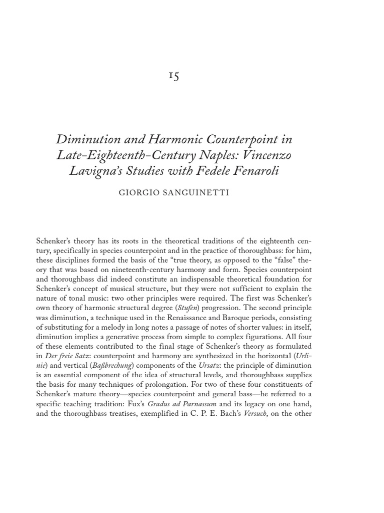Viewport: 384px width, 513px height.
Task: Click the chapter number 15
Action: [x=173, y=76]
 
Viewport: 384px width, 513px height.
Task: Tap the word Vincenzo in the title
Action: [x=265, y=155]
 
